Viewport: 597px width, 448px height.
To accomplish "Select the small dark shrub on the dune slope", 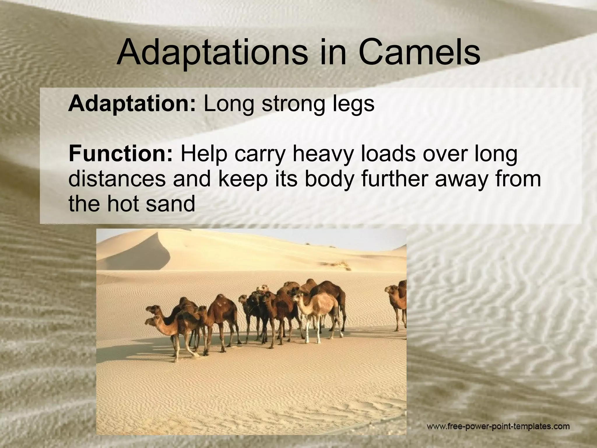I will (x=341, y=264).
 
